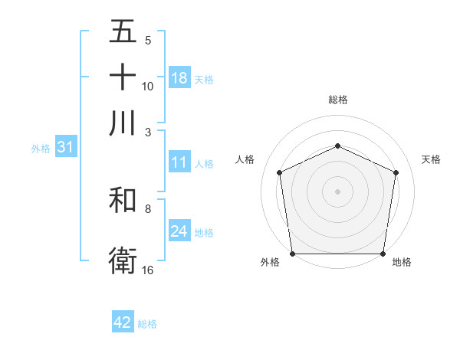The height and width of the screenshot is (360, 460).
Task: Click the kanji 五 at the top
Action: pos(123,31)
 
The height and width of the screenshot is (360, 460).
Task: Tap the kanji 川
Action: pos(123,122)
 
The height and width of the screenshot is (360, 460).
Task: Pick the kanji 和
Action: pos(123,201)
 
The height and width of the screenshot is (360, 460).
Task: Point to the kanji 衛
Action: pos(123,260)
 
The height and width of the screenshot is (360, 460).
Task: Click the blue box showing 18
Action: pos(179,78)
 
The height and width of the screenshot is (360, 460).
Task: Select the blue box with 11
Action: pos(179,162)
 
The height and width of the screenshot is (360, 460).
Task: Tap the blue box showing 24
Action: pos(179,231)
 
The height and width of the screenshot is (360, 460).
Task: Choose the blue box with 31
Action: pos(64,148)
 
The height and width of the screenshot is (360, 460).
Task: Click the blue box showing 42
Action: pos(123,322)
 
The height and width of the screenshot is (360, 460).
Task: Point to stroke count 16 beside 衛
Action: pos(148,270)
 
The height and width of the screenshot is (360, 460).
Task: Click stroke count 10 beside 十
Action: pos(148,86)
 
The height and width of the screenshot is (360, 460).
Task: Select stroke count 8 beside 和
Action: pos(148,208)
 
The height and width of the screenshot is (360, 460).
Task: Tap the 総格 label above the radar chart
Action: pos(338,100)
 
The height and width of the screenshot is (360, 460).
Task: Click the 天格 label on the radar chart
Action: pos(431,159)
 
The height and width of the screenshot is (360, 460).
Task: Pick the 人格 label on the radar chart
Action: pos(245,159)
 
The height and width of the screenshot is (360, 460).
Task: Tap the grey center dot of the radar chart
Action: pos(337,191)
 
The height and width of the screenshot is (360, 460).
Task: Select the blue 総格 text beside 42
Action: pos(147,324)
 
